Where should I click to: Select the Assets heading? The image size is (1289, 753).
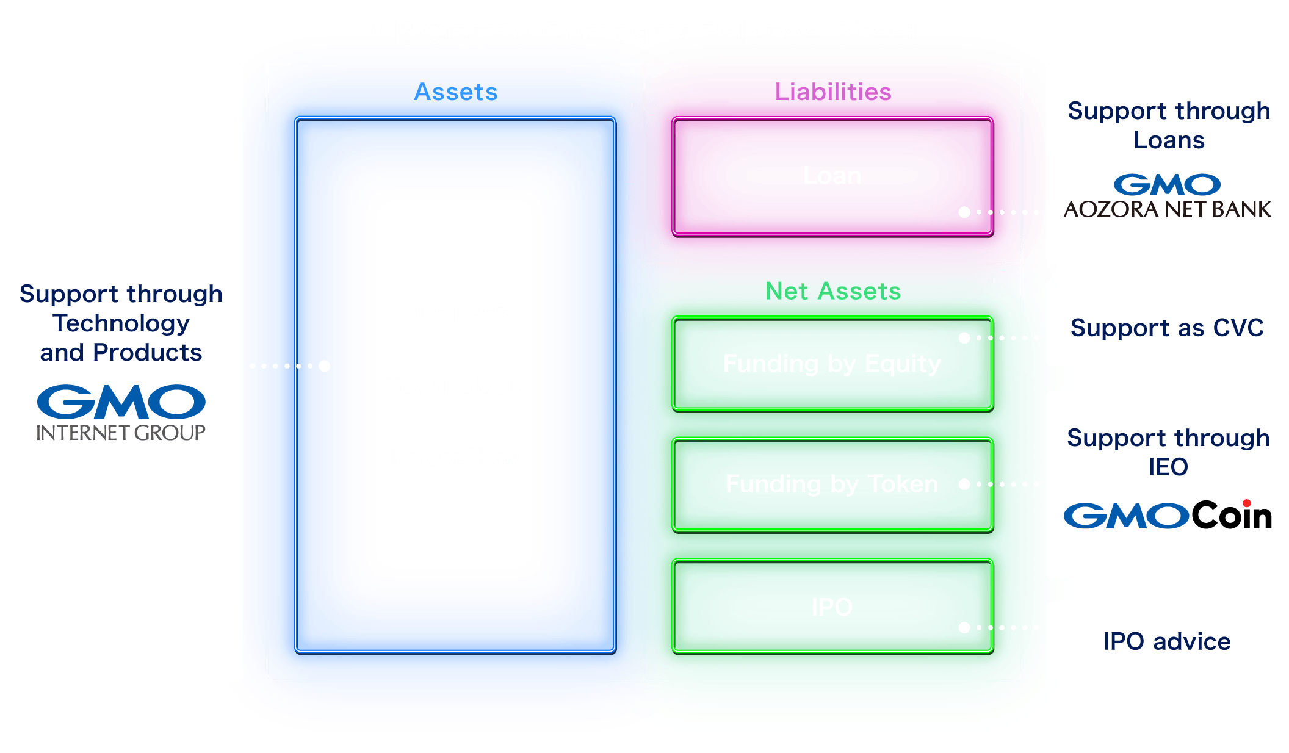click(x=456, y=92)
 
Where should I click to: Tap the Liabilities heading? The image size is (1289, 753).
click(x=833, y=92)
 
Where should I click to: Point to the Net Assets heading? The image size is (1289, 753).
click(x=833, y=291)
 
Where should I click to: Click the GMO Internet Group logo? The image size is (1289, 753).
click(x=121, y=413)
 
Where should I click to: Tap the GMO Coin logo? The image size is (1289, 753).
click(x=1167, y=516)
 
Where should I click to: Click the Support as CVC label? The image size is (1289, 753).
click(x=1167, y=328)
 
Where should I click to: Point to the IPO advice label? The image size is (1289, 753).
click(x=1167, y=641)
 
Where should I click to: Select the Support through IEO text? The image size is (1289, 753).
click(x=1168, y=452)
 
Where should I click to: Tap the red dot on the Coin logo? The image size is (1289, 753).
click(x=1246, y=503)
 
